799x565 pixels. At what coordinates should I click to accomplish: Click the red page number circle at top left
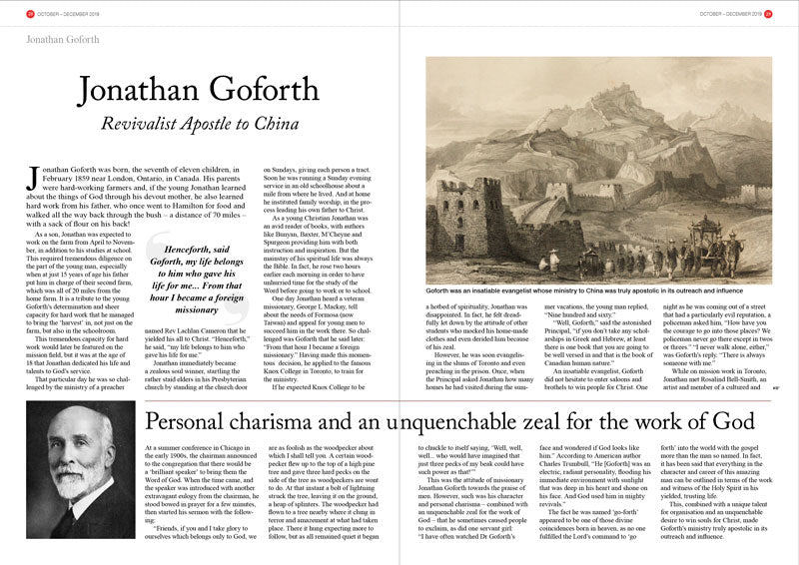coord(31,13)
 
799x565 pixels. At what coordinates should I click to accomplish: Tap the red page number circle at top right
coord(768,13)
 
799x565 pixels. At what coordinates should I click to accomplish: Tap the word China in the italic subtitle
coord(276,124)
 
